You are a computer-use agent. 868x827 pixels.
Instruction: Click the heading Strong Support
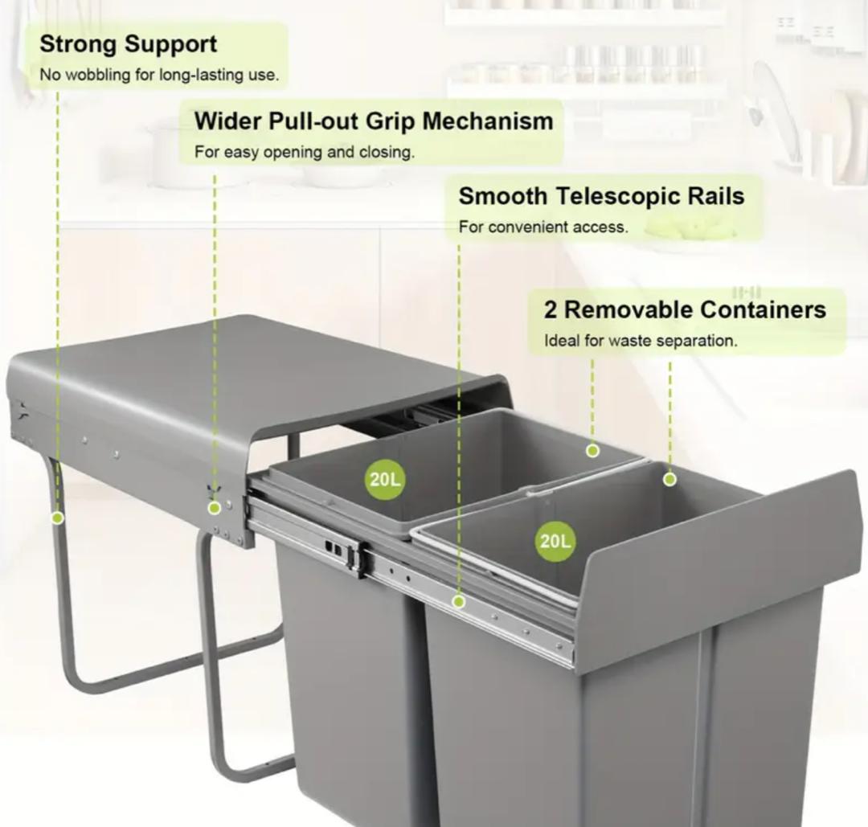click(129, 44)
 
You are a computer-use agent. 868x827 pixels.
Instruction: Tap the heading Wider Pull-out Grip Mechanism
click(374, 121)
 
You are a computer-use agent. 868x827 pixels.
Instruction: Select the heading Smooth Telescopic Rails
click(602, 196)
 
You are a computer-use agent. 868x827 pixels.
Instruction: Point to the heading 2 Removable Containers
click(686, 309)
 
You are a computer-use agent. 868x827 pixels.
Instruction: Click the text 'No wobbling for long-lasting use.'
click(159, 75)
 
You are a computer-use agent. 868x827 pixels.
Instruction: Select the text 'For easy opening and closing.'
click(305, 152)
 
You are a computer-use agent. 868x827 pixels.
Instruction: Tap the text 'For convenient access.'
click(543, 227)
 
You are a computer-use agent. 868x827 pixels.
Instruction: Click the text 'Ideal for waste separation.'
click(641, 341)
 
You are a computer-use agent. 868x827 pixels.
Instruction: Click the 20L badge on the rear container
click(385, 479)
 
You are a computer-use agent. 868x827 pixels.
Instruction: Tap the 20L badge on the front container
click(555, 542)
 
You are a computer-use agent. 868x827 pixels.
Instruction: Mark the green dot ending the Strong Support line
click(57, 518)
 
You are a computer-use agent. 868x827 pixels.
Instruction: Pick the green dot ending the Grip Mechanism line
click(215, 508)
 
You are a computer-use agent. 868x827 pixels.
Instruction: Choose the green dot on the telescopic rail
click(458, 601)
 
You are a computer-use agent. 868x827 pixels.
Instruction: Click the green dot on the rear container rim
click(592, 451)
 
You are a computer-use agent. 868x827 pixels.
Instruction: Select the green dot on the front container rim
click(669, 479)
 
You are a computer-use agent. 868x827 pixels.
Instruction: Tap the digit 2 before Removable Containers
click(551, 310)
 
